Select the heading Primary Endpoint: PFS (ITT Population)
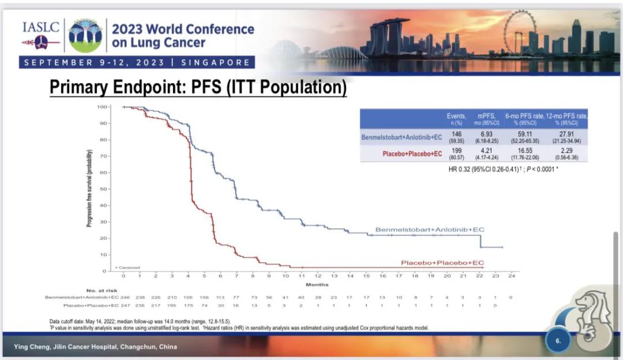coord(198,88)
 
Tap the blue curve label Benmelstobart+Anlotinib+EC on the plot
coord(430,230)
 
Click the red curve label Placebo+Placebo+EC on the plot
coord(442,263)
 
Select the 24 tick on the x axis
coord(511,276)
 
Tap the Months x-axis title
coord(317,284)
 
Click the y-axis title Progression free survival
coord(90,189)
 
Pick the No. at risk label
coord(102,290)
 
